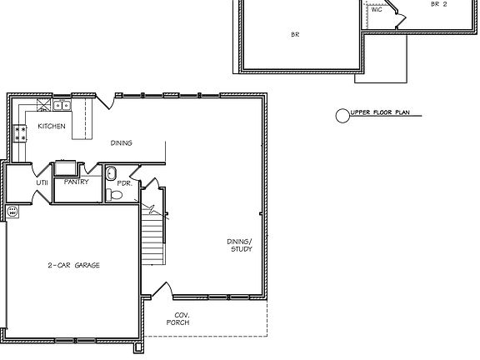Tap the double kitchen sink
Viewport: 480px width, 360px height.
coord(61,105)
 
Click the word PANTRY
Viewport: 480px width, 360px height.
coord(76,181)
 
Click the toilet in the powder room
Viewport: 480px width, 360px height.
coord(116,195)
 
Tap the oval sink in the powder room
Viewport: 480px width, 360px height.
coord(111,173)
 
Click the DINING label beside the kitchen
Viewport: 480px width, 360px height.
coord(122,142)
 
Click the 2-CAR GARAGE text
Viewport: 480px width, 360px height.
coord(73,264)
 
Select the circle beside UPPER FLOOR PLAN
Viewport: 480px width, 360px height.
coord(342,116)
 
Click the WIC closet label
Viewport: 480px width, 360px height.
coord(376,9)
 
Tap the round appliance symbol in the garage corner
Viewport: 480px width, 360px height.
coord(12,212)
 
